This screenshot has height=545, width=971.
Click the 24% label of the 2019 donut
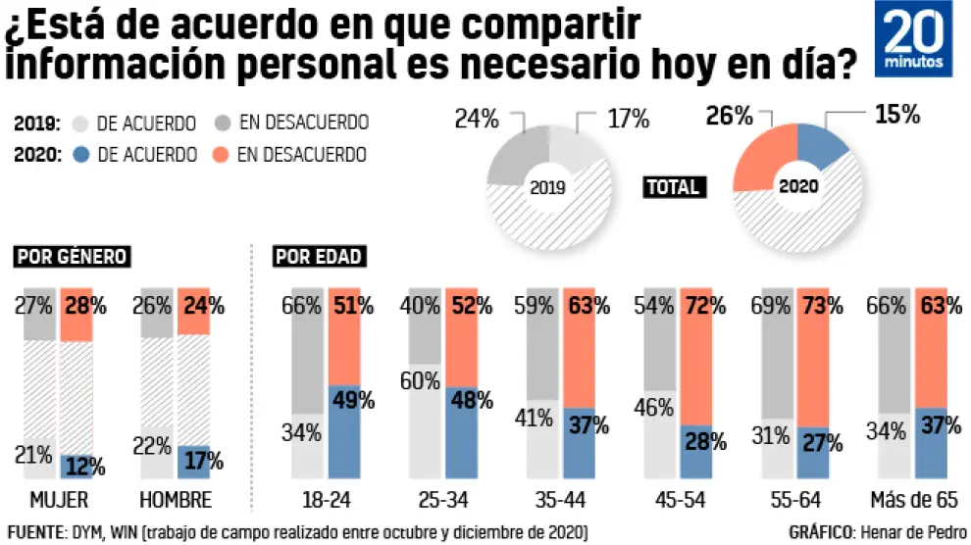pos(477,119)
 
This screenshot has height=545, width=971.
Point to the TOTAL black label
pos(672,186)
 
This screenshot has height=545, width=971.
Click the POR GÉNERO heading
pos(72,257)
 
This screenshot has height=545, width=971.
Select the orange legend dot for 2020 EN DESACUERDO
pos(222,155)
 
